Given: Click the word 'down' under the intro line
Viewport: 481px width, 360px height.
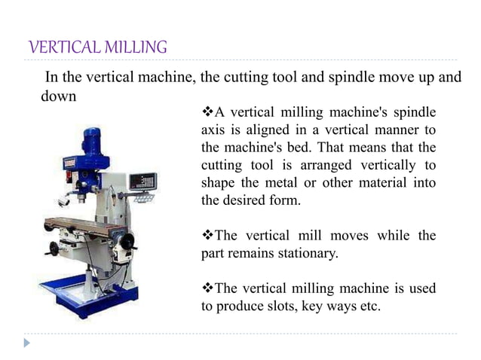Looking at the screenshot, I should (x=58, y=97).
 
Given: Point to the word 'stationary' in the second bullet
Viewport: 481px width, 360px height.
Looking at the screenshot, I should (x=306, y=253).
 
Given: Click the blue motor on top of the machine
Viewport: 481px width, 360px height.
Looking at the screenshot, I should (x=92, y=139).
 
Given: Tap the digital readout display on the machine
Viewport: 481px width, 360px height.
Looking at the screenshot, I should (x=142, y=182).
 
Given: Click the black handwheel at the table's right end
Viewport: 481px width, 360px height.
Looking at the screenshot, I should (x=127, y=242).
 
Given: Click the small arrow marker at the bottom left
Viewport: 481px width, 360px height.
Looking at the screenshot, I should (x=27, y=343).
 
